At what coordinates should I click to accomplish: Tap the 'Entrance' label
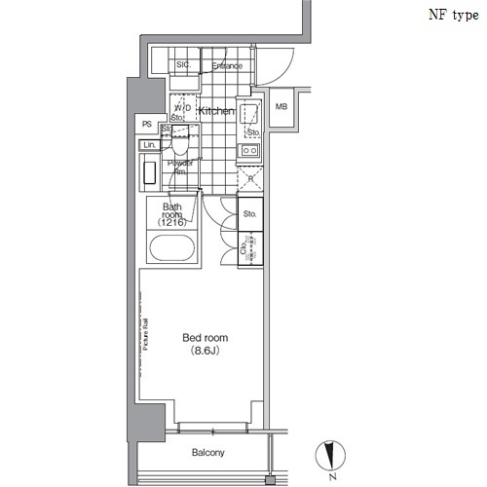[x=227, y=66]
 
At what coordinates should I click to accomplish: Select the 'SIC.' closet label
[x=182, y=66]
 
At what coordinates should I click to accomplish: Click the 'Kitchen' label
[x=216, y=112]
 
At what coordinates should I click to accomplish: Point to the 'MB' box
[x=281, y=107]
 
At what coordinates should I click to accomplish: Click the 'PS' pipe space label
[x=147, y=125]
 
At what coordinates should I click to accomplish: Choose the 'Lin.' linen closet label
[x=149, y=145]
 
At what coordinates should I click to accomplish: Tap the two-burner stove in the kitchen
[x=249, y=151]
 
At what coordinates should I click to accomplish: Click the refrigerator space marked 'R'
[x=250, y=179]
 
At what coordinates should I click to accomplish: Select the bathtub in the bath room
[x=171, y=247]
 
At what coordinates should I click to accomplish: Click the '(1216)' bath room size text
[x=171, y=223]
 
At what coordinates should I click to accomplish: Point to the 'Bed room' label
[x=203, y=339]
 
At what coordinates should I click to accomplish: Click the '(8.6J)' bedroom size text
[x=203, y=352]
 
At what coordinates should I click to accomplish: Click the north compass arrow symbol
[x=332, y=455]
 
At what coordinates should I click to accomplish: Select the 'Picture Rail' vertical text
[x=143, y=333]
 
